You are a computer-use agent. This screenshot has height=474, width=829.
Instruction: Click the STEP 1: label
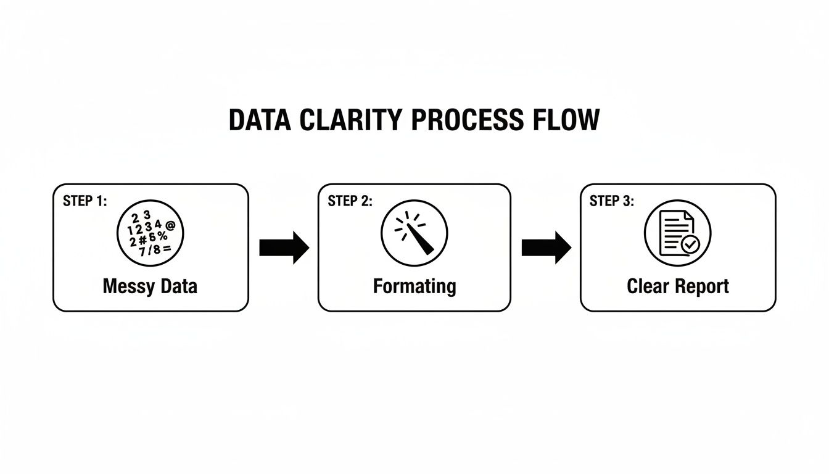click(85, 201)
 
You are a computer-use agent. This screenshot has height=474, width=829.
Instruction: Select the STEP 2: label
click(350, 201)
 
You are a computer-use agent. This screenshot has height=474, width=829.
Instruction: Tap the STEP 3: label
click(612, 201)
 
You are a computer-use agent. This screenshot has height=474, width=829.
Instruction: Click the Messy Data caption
click(150, 286)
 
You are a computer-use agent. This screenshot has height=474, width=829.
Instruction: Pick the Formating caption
click(414, 286)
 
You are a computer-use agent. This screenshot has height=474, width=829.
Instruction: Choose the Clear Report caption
click(678, 286)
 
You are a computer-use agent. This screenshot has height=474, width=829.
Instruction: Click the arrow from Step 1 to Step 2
click(284, 247)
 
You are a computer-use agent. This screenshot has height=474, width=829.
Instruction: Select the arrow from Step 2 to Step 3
click(546, 247)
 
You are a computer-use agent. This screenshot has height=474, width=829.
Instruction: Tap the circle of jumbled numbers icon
click(150, 233)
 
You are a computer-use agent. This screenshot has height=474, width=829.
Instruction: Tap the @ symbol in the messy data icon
click(171, 226)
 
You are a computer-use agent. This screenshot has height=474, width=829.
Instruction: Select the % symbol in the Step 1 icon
click(163, 237)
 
